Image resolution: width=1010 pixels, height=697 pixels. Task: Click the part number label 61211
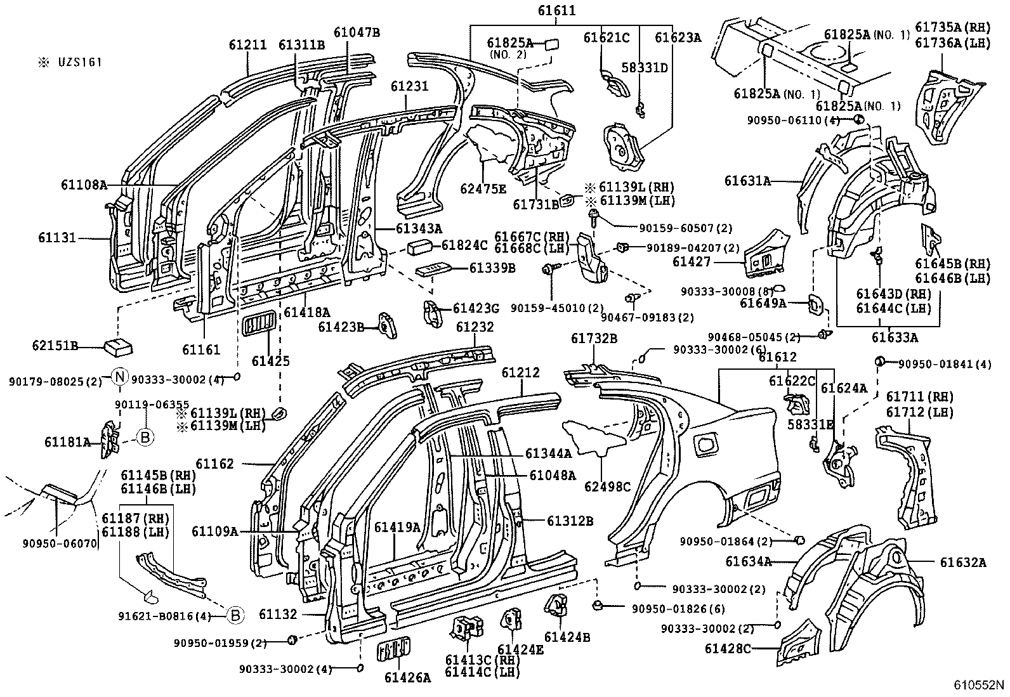[248, 44]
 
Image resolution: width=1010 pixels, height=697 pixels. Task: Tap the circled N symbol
[121, 377]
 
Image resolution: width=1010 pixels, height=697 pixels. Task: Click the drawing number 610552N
[980, 685]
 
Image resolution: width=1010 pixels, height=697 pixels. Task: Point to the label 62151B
[55, 346]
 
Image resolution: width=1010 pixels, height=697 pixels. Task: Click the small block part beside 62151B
[117, 346]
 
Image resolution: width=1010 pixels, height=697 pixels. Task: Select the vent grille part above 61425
[258, 323]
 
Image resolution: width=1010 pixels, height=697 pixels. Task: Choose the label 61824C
[464, 244]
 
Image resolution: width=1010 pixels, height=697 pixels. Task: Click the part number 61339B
[492, 268]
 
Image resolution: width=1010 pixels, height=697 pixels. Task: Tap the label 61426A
[407, 677]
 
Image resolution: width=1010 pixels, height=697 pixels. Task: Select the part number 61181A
[67, 441]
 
